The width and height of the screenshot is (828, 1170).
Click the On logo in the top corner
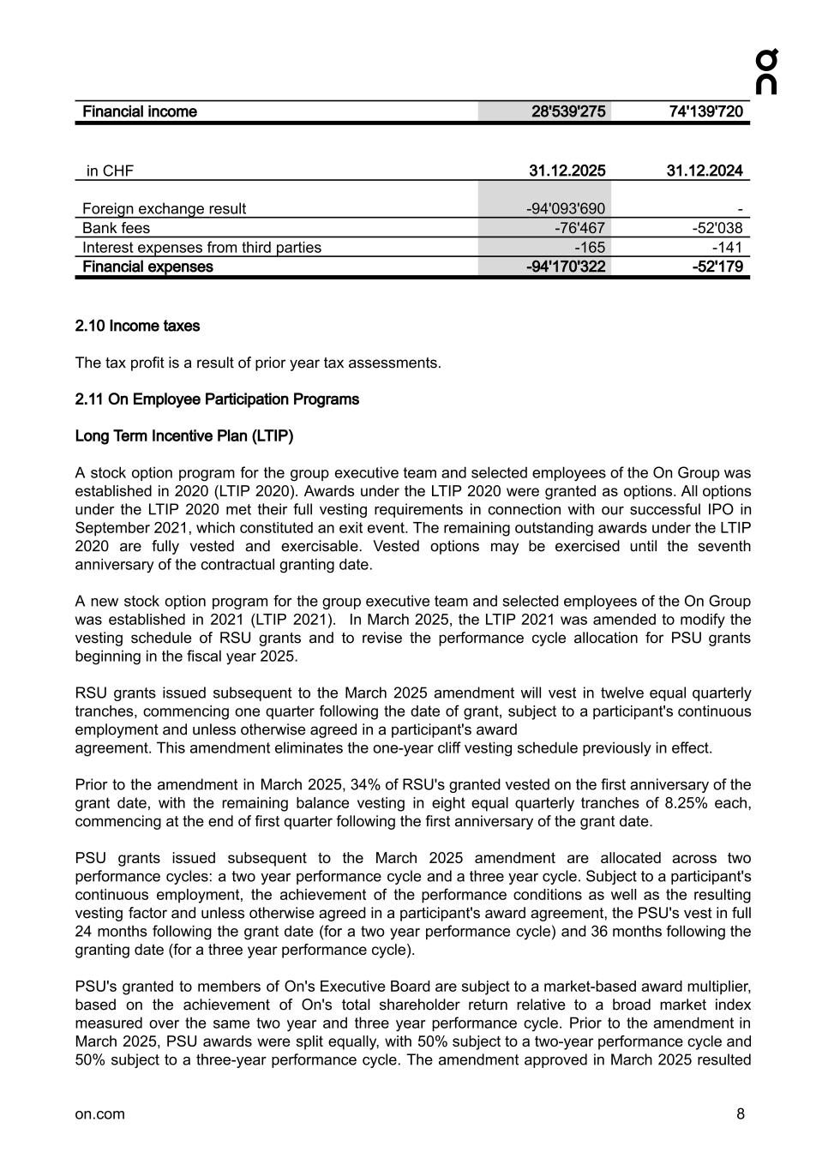click(x=766, y=72)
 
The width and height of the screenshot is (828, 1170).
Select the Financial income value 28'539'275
click(x=568, y=111)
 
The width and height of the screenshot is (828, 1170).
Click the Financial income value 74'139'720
click(x=705, y=111)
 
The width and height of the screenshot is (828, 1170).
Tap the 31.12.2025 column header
click(x=567, y=171)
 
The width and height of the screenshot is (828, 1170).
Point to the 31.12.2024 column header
click(x=705, y=171)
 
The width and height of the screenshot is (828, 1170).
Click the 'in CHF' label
click(x=110, y=171)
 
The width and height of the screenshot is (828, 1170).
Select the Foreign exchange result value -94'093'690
click(x=565, y=208)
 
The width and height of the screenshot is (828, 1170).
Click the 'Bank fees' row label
click(x=116, y=228)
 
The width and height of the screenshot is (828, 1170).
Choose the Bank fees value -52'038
click(x=717, y=228)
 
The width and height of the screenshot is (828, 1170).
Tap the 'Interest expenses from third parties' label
click(x=201, y=248)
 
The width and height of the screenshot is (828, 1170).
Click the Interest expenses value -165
click(x=590, y=248)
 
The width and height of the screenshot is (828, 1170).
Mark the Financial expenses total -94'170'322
click(x=565, y=267)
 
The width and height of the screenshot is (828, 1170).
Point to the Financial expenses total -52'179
click(x=717, y=267)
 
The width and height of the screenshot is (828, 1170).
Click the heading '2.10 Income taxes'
click(x=137, y=326)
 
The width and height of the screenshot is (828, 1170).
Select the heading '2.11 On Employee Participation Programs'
click(x=217, y=399)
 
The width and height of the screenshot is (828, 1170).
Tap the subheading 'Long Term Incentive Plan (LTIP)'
click(x=184, y=436)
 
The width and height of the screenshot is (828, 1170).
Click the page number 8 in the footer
click(x=741, y=1114)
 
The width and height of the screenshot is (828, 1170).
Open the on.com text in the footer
click(x=99, y=1114)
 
